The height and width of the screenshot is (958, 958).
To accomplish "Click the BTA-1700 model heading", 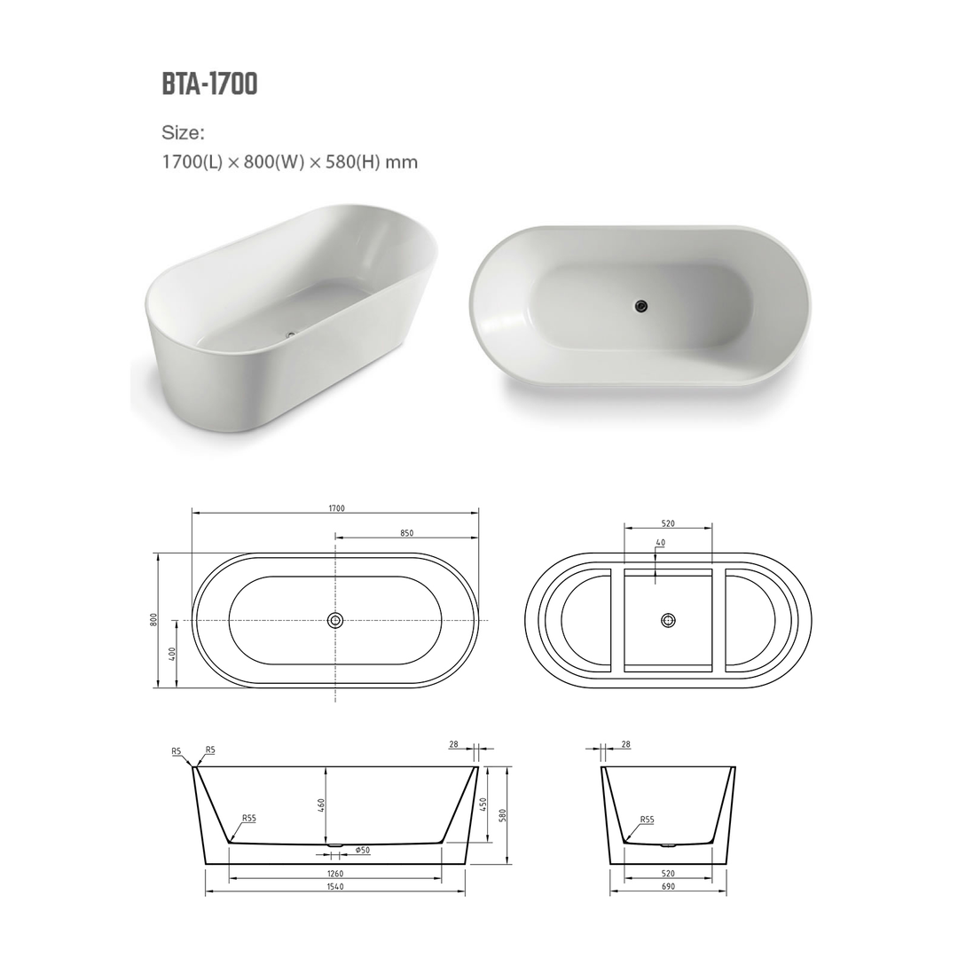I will pos(209,83).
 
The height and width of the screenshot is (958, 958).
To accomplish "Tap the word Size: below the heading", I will pos(183,133).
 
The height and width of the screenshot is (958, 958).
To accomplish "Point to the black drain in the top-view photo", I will pos(641,306).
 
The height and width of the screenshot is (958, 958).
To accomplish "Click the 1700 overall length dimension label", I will pos(335,508).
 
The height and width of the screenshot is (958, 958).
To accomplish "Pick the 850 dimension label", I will pos(406,533).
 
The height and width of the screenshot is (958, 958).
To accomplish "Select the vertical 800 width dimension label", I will pos(153,620).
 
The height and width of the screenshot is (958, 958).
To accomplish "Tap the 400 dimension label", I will pos(173,654).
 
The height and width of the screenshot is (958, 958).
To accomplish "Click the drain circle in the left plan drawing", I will pos(335,620).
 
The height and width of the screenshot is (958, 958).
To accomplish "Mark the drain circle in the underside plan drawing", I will pos(668,620).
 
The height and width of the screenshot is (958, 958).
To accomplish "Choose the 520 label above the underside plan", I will pos(668,523).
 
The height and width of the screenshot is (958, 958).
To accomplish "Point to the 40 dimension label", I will pos(660,542).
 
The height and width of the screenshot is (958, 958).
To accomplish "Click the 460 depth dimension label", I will pos(322,805).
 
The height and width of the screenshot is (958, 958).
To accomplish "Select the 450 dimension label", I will pos(483,805).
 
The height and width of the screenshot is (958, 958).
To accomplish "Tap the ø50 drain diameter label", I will pos(362,851).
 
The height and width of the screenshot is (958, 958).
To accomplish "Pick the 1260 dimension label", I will pos(335,874).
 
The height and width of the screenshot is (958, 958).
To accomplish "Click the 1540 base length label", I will pos(335,886).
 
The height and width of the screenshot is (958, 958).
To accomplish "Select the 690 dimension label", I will pos(668,886).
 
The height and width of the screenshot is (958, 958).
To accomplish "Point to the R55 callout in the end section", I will pos(646,820).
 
